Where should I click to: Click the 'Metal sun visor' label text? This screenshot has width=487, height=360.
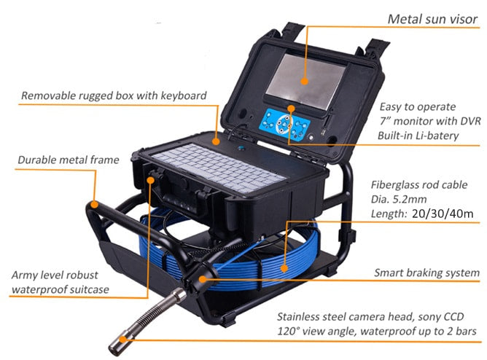[x=432, y=19]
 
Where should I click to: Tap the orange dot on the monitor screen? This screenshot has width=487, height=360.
[x=305, y=82]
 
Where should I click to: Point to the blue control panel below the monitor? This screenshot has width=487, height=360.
[x=284, y=125]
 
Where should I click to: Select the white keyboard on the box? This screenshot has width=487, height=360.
[x=219, y=168]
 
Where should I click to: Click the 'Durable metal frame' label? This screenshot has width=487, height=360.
[x=69, y=160]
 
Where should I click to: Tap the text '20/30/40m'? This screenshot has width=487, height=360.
[x=443, y=214]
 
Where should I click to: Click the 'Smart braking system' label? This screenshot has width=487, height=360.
[x=426, y=273]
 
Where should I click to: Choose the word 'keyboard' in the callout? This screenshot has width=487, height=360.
[x=183, y=95]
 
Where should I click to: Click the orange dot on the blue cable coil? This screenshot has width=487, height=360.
[x=284, y=268]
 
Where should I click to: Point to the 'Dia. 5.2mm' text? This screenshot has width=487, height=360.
[x=399, y=199]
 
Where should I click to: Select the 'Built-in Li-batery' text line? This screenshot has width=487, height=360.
[x=418, y=136]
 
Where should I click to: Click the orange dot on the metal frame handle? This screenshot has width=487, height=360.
[x=95, y=205]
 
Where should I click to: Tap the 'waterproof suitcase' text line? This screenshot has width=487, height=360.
[x=61, y=289]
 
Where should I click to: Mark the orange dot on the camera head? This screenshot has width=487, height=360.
[x=124, y=339]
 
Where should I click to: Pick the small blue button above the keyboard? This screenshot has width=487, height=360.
[x=241, y=148]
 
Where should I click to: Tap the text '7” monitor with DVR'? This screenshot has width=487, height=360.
[x=430, y=121]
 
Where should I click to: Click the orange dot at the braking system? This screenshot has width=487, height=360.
[x=203, y=279]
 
